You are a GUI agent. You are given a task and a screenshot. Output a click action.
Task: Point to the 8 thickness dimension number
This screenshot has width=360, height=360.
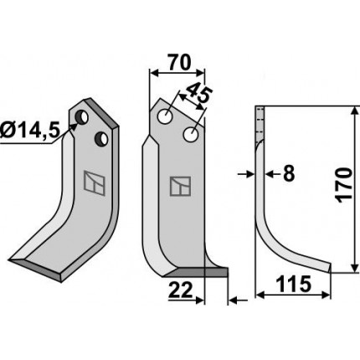pyautogui.click(x=289, y=174)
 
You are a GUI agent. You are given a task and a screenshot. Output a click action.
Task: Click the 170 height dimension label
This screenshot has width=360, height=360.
pyautogui.click(x=344, y=185)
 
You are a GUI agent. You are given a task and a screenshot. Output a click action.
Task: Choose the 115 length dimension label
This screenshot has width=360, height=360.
pyautogui.click(x=293, y=284)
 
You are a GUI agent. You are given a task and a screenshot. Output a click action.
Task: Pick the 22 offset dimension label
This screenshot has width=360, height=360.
pyautogui.click(x=181, y=290)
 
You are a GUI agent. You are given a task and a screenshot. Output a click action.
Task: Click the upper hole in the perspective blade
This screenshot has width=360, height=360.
pyautogui.click(x=81, y=117)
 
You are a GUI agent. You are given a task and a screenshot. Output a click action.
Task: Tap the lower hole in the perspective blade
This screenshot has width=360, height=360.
pyautogui.click(x=101, y=139)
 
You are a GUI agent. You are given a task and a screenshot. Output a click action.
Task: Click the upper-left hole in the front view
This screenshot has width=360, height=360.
pyautogui.click(x=165, y=116)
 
